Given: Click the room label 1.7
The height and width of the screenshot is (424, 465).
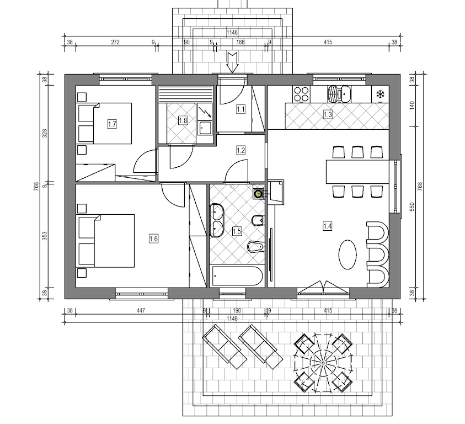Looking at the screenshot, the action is click(x=112, y=124).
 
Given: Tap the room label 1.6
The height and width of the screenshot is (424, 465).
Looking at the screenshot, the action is click(x=153, y=239).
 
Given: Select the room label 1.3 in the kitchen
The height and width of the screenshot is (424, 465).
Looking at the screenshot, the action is click(x=328, y=114).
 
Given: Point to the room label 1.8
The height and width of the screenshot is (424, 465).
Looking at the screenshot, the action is click(x=183, y=120).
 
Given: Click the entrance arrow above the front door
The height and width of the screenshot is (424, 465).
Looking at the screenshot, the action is click(x=232, y=62).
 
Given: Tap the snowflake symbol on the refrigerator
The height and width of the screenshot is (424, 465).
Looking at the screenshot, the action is click(x=380, y=94).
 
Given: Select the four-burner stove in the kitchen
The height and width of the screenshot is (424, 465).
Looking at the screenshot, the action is click(x=301, y=94).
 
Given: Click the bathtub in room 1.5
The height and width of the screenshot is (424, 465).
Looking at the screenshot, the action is click(x=237, y=276).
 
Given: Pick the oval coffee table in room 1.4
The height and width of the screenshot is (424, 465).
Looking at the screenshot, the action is click(x=348, y=255).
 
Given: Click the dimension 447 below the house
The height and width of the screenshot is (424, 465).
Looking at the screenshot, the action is click(x=141, y=311).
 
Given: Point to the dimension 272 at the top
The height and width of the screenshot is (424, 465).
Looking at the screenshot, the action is click(x=115, y=42).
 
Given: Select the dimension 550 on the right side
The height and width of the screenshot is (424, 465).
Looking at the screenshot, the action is click(x=412, y=207).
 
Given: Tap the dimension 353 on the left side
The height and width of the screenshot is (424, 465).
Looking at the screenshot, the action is click(x=45, y=236).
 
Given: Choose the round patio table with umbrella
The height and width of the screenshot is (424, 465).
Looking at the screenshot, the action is click(x=323, y=363).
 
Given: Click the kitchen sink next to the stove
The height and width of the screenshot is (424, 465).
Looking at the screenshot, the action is click(x=339, y=94).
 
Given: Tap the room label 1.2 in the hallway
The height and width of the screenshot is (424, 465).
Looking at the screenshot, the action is click(x=240, y=150).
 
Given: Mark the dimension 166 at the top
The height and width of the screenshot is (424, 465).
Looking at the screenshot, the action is click(x=240, y=42).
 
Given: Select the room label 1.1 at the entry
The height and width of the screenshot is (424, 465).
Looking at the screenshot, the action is click(x=240, y=109).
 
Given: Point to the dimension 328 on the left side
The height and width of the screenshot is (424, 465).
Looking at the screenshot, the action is click(x=45, y=133).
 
